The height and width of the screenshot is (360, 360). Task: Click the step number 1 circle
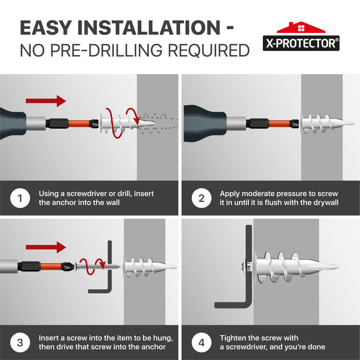tap(20, 198)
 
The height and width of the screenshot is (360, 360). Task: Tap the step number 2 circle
tap(202, 198)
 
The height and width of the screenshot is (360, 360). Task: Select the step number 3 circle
tap(20, 343)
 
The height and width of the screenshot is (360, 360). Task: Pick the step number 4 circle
tap(202, 343)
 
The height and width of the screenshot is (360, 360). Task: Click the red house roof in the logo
tap(301, 28)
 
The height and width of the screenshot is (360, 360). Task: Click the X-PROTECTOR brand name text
tap(301, 43)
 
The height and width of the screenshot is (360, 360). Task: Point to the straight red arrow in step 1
tap(46, 101)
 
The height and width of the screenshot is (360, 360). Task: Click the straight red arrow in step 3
tap(46, 247)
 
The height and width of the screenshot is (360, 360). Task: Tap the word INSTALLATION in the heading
tap(149, 28)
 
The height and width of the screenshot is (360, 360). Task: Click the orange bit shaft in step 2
tap(280, 123)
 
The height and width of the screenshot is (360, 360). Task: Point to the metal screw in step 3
tap(98, 266)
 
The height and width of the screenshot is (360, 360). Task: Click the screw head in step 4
tap(245, 266)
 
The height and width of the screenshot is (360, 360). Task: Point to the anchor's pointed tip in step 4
tap(339, 267)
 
